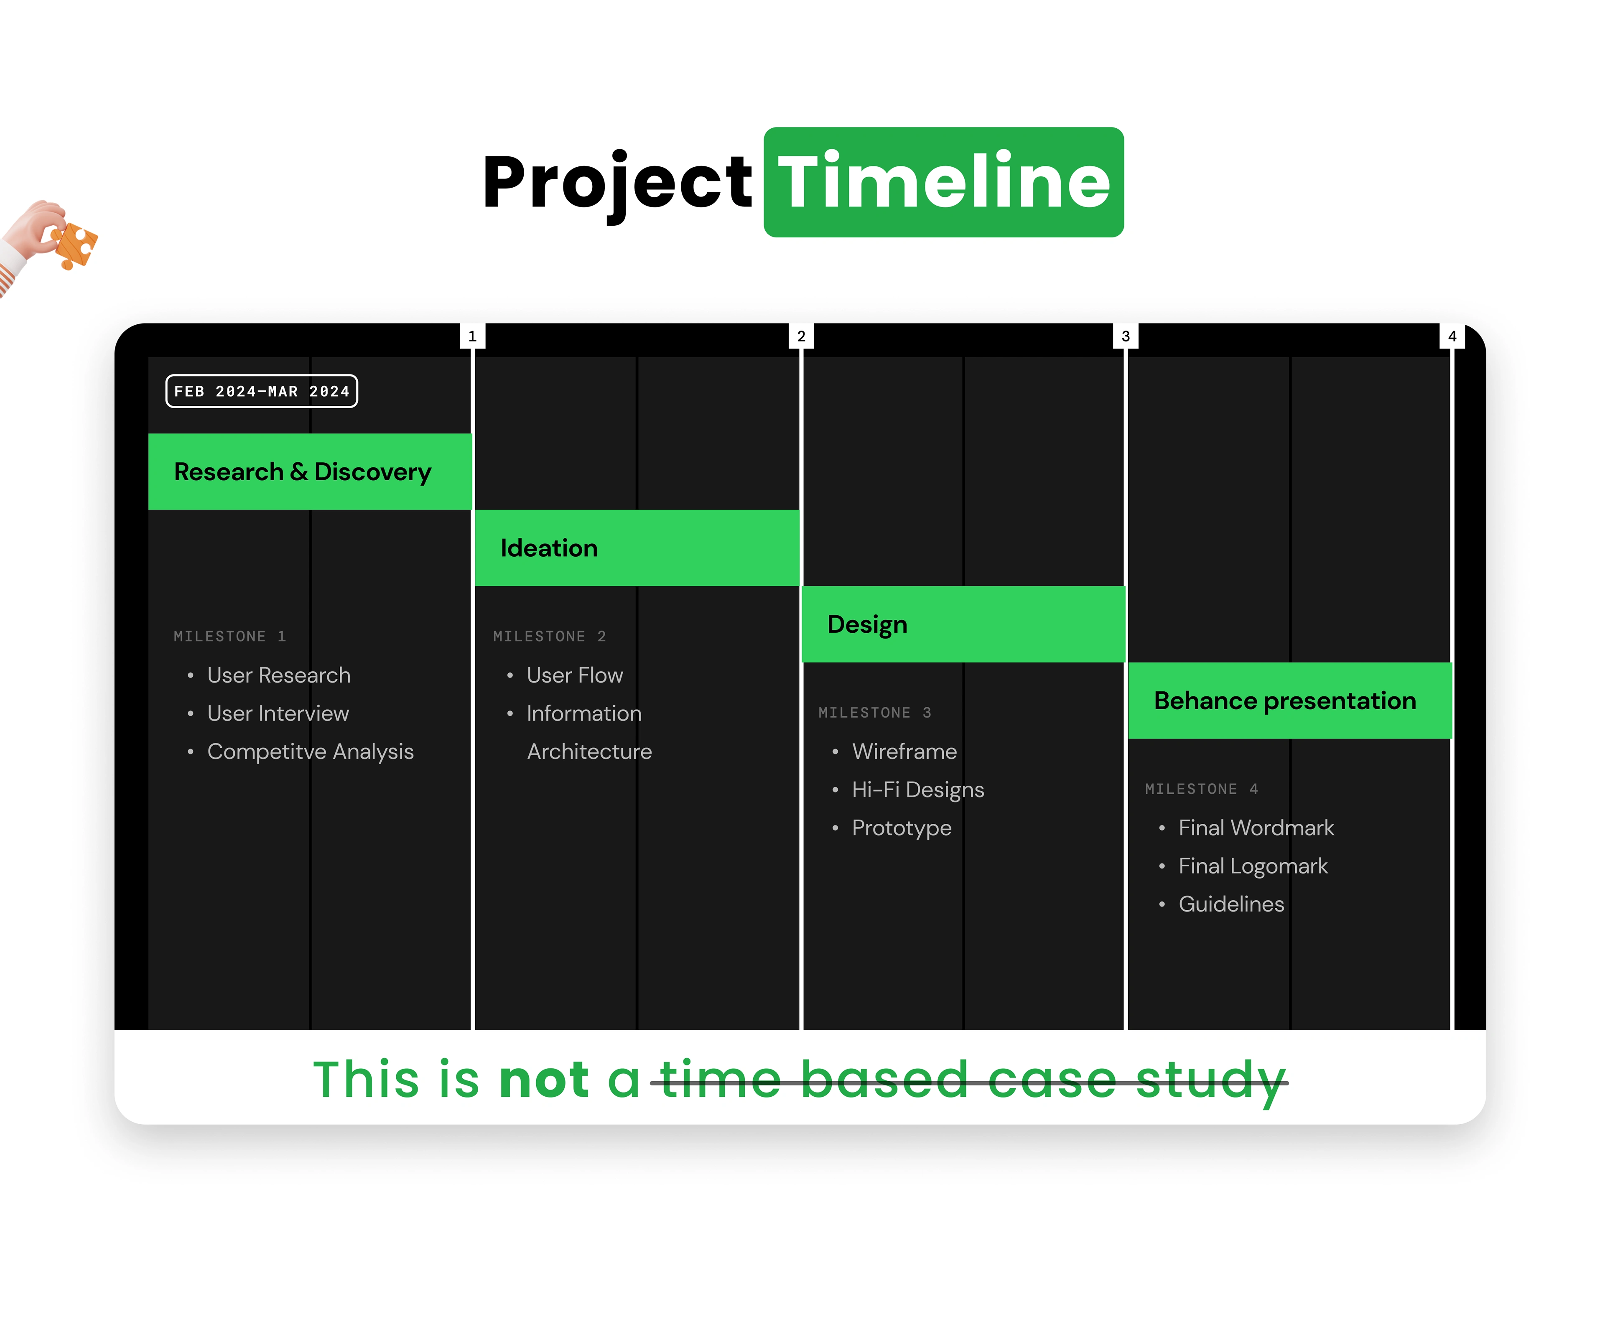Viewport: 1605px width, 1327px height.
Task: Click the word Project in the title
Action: tap(617, 183)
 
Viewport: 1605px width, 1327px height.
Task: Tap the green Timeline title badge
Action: tap(944, 182)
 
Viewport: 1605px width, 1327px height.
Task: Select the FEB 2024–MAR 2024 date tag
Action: tap(261, 391)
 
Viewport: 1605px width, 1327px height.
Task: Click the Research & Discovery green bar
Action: tap(310, 471)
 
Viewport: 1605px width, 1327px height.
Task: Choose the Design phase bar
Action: tap(963, 624)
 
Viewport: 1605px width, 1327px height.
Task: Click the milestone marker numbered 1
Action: tap(472, 336)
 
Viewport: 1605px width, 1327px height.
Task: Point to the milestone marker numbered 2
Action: tap(801, 336)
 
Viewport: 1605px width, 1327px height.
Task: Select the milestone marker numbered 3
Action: tap(1126, 336)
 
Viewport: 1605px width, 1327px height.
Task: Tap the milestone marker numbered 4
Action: tap(1452, 336)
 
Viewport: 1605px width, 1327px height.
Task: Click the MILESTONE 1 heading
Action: tap(229, 636)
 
